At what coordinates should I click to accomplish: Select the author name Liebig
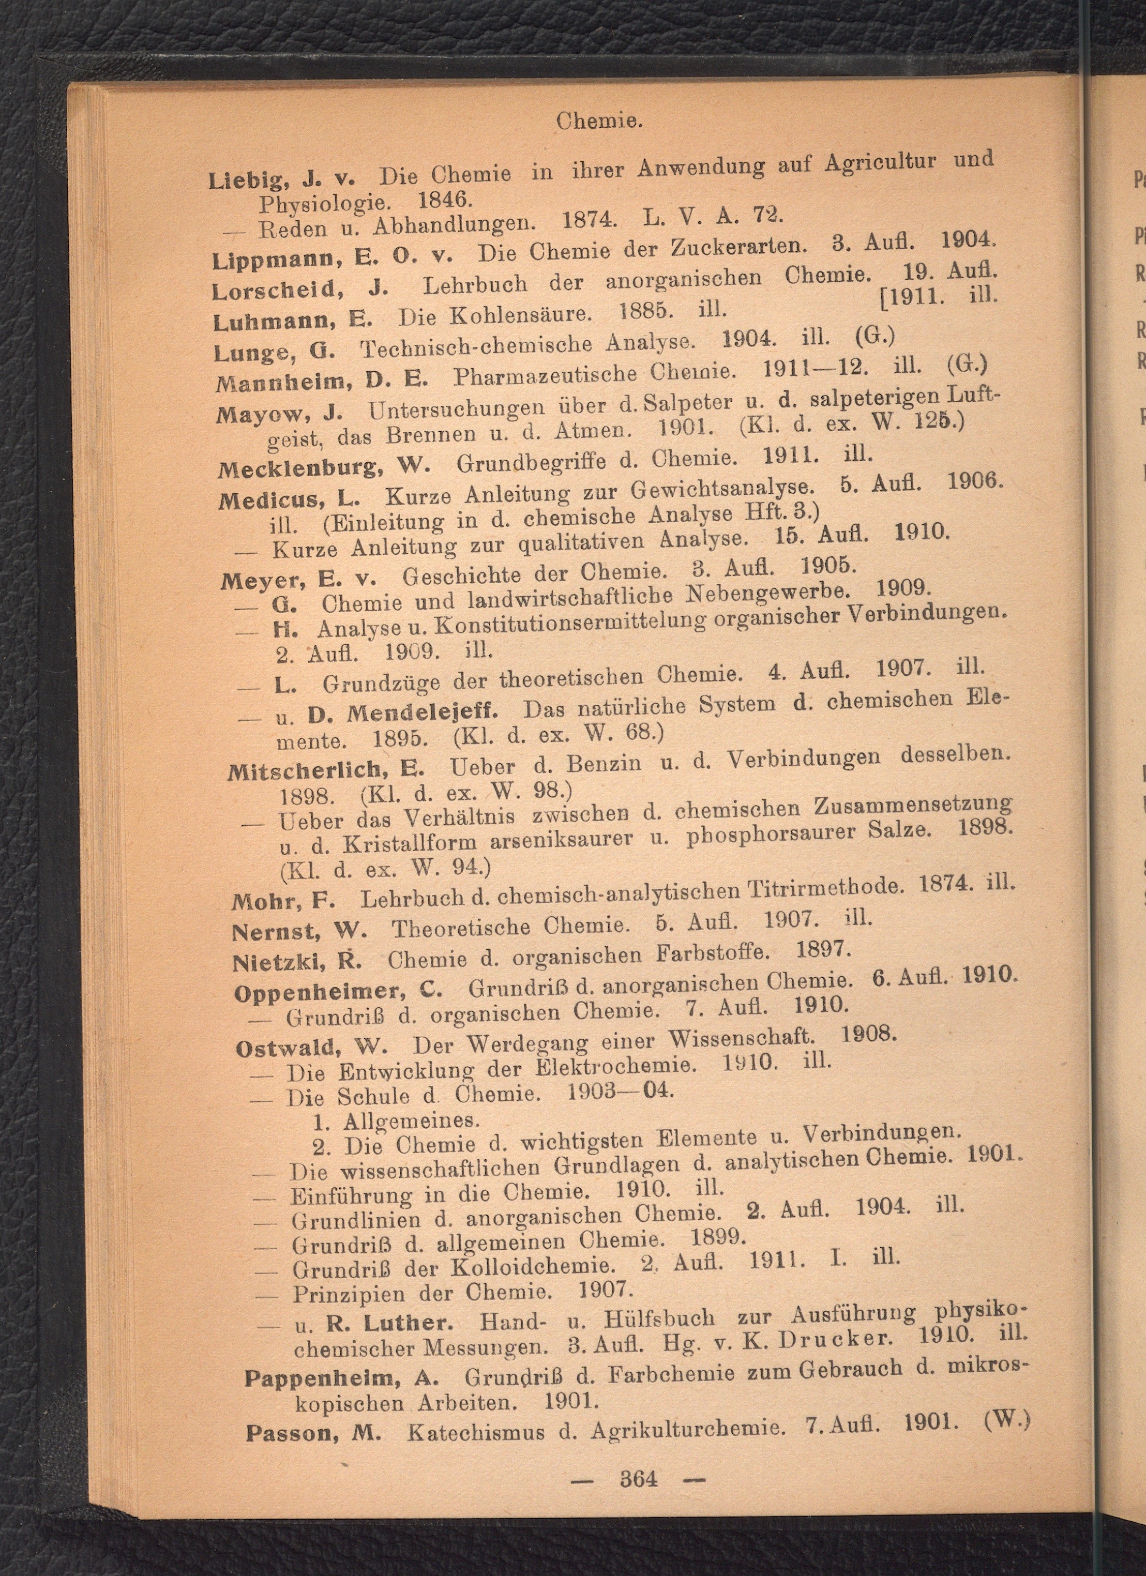pyautogui.click(x=247, y=178)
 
